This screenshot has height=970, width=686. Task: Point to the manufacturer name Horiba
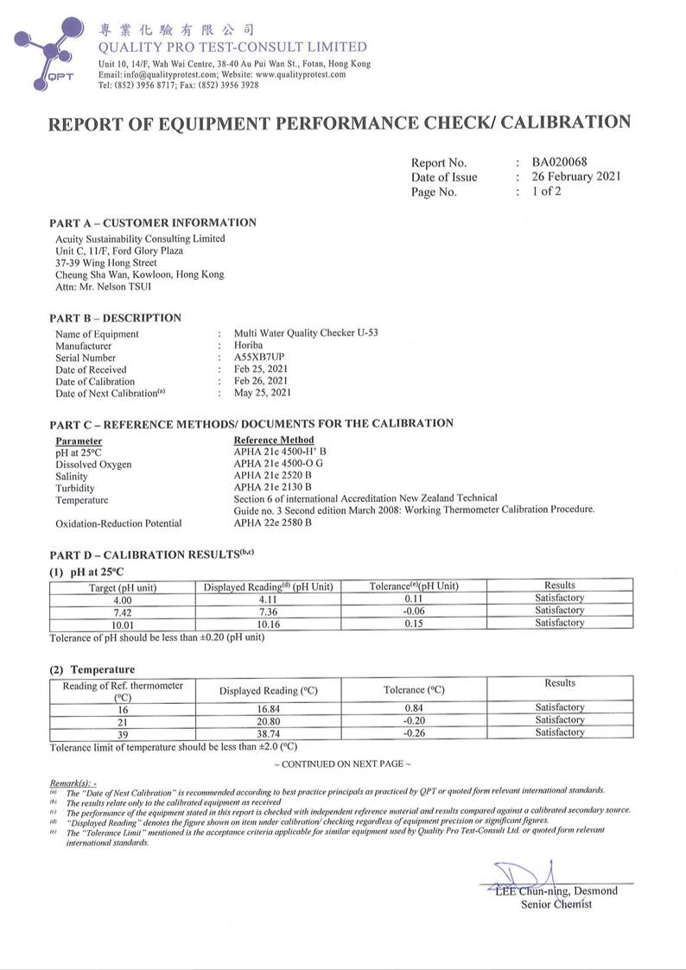click(x=249, y=346)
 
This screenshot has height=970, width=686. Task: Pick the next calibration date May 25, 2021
click(x=263, y=393)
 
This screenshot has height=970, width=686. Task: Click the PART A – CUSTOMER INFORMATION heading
click(x=153, y=223)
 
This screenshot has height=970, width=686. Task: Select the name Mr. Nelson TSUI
click(x=103, y=286)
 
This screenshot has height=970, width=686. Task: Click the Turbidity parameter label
click(x=75, y=488)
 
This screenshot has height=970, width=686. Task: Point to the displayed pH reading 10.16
click(x=268, y=624)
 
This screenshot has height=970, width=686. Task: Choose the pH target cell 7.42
click(x=123, y=612)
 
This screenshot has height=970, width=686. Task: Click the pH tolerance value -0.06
click(x=413, y=612)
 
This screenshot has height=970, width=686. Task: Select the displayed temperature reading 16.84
click(x=269, y=708)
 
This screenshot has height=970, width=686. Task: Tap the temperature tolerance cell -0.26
click(x=414, y=732)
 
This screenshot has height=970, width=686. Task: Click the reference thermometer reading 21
click(x=123, y=720)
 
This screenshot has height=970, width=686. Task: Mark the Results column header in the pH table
click(x=559, y=586)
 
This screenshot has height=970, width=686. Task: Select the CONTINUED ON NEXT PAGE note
click(x=342, y=764)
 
